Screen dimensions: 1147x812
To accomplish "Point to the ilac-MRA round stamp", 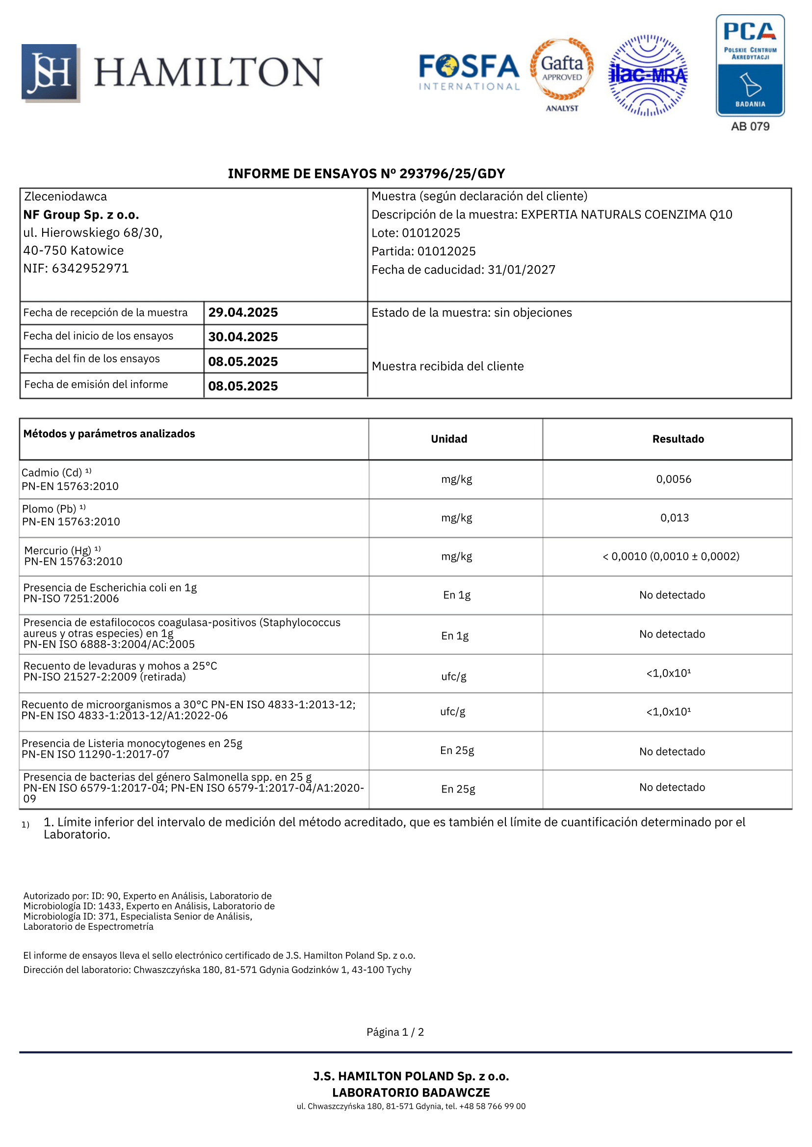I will pyautogui.click(x=648, y=75).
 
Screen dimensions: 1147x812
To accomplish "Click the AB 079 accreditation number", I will pyautogui.click(x=750, y=126).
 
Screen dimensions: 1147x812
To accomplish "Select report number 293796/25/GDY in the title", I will pyautogui.click(x=452, y=174).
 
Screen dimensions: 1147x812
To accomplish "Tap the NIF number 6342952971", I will pyautogui.click(x=90, y=268).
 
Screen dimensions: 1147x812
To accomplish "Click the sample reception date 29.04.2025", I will pyautogui.click(x=243, y=312).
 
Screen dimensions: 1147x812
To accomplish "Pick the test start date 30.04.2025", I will pyautogui.click(x=243, y=337).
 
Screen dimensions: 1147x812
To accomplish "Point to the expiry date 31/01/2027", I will pyautogui.click(x=522, y=270).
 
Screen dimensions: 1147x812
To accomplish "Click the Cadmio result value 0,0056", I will pyautogui.click(x=674, y=479).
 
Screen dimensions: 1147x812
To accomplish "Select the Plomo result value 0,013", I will pyautogui.click(x=674, y=518).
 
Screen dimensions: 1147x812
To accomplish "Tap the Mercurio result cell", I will pyautogui.click(x=671, y=556).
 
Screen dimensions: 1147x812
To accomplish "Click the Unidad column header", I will pyautogui.click(x=449, y=439).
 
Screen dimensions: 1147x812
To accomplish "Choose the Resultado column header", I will pyautogui.click(x=678, y=439).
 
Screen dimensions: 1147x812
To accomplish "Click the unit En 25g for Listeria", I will pyautogui.click(x=457, y=750).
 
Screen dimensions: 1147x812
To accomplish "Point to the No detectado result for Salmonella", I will pyautogui.click(x=672, y=787).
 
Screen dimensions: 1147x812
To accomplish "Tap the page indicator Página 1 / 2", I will pyautogui.click(x=395, y=1032).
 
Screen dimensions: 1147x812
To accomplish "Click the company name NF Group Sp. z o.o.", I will pyautogui.click(x=81, y=215).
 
